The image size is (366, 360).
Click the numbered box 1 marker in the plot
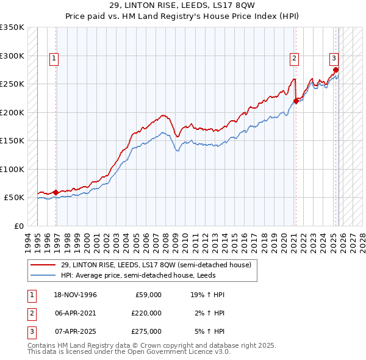(x=54, y=59)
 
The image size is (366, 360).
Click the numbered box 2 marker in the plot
(x=294, y=59)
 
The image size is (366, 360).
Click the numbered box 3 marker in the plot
(x=334, y=59)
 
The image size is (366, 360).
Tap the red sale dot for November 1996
(x=56, y=192)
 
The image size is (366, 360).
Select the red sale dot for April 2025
(x=336, y=70)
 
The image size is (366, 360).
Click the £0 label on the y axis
(x=18, y=226)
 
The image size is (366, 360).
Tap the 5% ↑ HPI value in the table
(x=209, y=331)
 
